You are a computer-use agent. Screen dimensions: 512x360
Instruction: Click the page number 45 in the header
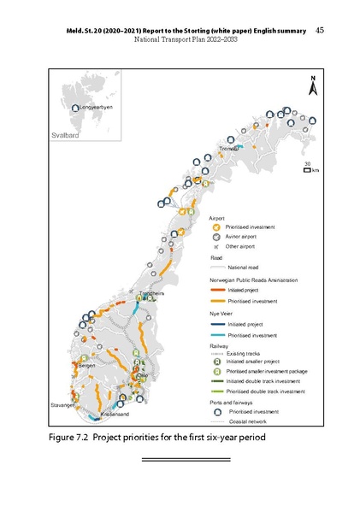click(319, 30)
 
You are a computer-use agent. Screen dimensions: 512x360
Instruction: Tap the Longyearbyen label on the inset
click(95, 107)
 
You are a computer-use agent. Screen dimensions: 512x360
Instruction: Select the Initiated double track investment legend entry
click(261, 380)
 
